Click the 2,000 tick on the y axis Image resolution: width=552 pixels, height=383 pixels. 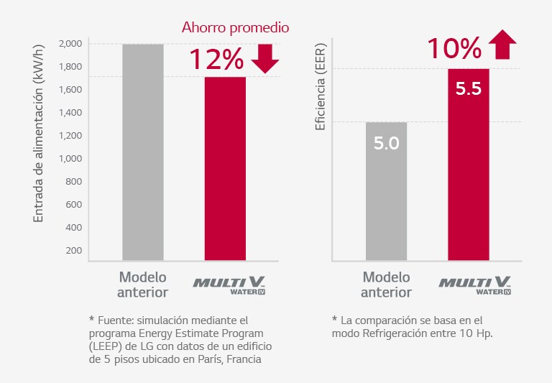pyautogui.click(x=70, y=44)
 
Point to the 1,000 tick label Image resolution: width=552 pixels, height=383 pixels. pyautogui.click(x=70, y=159)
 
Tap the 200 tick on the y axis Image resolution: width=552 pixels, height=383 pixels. pyautogui.click(x=73, y=251)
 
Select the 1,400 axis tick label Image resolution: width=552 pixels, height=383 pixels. pyautogui.click(x=70, y=113)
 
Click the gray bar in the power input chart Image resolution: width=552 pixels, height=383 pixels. pyautogui.click(x=143, y=151)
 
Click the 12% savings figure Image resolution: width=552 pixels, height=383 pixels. pyautogui.click(x=216, y=60)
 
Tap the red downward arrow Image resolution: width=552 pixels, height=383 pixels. pyautogui.click(x=265, y=59)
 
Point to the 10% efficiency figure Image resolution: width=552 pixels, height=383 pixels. pyautogui.click(x=454, y=49)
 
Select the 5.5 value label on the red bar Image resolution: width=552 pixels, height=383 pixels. pyautogui.click(x=468, y=90)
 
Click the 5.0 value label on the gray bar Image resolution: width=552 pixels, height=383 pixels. pyautogui.click(x=386, y=143)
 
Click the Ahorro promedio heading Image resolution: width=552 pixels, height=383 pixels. pyautogui.click(x=234, y=28)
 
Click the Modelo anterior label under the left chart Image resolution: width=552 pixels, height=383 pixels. pyautogui.click(x=143, y=285)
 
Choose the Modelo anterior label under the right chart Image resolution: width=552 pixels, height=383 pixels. pyautogui.click(x=386, y=285)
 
